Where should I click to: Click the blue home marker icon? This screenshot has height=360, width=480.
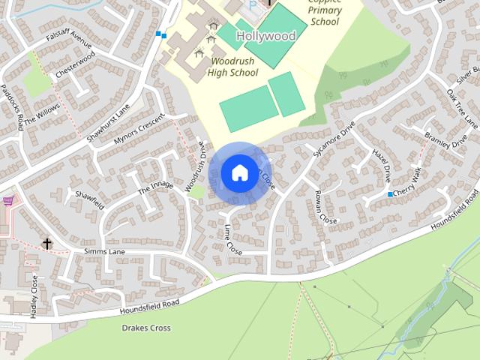click(x=238, y=172)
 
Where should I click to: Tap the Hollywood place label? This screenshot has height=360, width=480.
click(x=265, y=36)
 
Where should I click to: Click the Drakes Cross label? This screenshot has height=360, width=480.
click(x=145, y=328)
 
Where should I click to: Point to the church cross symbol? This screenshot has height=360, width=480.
click(x=47, y=244)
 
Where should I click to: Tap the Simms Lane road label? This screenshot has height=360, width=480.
click(x=104, y=252)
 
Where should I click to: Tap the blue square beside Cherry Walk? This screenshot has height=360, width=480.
click(x=390, y=194)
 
